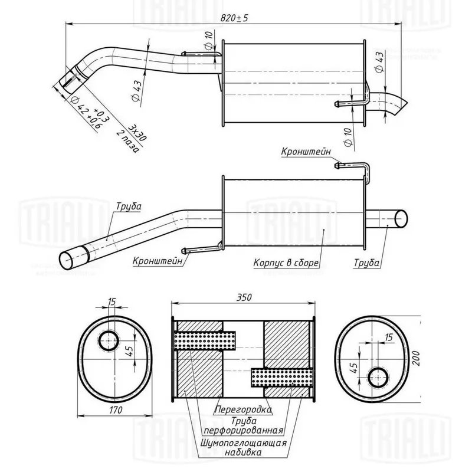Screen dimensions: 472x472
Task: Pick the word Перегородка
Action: (x=242, y=408)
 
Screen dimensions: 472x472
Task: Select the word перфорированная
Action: (x=244, y=430)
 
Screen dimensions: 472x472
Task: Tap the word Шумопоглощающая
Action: (x=244, y=442)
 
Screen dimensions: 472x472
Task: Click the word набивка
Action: (x=244, y=453)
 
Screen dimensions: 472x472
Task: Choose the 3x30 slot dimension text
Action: (x=140, y=132)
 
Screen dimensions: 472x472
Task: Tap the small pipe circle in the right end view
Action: (x=376, y=376)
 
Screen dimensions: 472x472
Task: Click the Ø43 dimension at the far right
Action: (x=379, y=61)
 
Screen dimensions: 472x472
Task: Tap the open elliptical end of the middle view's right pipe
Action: (x=401, y=218)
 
